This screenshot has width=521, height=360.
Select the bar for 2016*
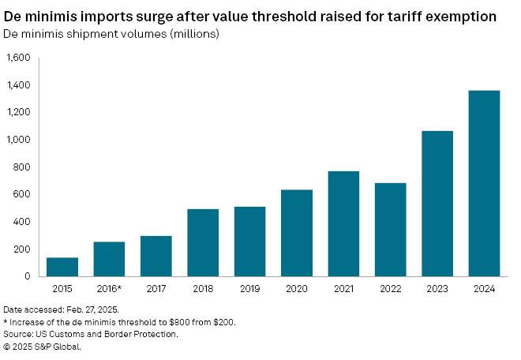pos(110,259)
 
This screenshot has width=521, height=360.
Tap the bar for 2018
pos(204,242)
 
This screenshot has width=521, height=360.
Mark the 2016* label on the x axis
pos(110,290)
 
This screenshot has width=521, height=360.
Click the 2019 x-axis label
pos(250,290)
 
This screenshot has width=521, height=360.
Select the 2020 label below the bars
pos(298,290)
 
